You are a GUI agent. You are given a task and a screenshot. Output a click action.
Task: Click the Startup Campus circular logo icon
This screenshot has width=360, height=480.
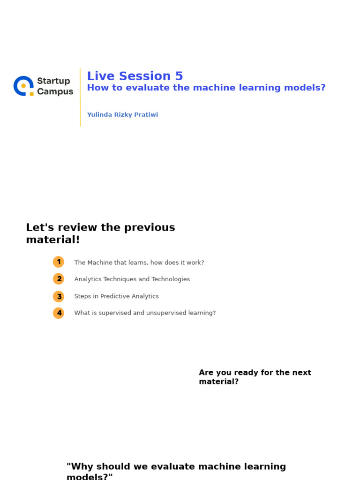click(x=23, y=86)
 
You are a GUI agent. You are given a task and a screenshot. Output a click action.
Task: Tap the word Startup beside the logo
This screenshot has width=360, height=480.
click(x=53, y=81)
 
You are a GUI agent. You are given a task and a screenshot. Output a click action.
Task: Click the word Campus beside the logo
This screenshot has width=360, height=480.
click(x=55, y=92)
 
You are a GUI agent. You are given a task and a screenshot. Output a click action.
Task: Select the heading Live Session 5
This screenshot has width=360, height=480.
click(x=135, y=76)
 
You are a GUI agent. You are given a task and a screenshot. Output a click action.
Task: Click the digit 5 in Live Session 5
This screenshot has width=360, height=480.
click(x=179, y=76)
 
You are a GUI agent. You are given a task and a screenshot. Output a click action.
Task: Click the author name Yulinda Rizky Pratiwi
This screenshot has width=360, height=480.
click(x=122, y=115)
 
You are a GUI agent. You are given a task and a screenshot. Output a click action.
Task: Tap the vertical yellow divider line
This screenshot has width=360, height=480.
click(x=80, y=97)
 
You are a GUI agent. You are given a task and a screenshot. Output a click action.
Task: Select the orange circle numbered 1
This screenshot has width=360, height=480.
click(x=59, y=262)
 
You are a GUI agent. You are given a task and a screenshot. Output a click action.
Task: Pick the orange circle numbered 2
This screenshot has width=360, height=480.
click(x=59, y=279)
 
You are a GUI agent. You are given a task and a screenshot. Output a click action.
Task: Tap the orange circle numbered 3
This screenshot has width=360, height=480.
click(x=59, y=296)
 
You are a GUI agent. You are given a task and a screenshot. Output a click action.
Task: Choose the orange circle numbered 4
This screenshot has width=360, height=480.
click(x=59, y=313)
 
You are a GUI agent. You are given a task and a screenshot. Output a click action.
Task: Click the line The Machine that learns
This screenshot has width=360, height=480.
click(x=139, y=262)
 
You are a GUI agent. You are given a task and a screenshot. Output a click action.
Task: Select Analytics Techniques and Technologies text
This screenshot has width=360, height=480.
click(x=132, y=279)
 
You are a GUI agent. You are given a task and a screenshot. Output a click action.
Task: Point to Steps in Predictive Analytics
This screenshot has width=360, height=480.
click(x=116, y=296)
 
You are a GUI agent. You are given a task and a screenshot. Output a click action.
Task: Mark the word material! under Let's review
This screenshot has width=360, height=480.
click(x=53, y=240)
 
